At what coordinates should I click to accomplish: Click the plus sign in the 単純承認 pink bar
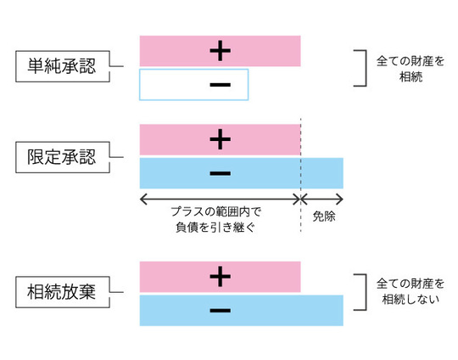220,51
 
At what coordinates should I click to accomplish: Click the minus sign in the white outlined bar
219,85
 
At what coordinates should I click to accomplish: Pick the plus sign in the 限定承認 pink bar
220,139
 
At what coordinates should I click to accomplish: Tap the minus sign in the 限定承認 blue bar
219,173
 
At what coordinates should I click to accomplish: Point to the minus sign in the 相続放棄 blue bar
219,311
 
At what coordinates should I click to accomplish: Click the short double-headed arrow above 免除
322,199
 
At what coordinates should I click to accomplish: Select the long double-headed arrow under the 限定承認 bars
220,199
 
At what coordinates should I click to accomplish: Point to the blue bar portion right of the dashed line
322,173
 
